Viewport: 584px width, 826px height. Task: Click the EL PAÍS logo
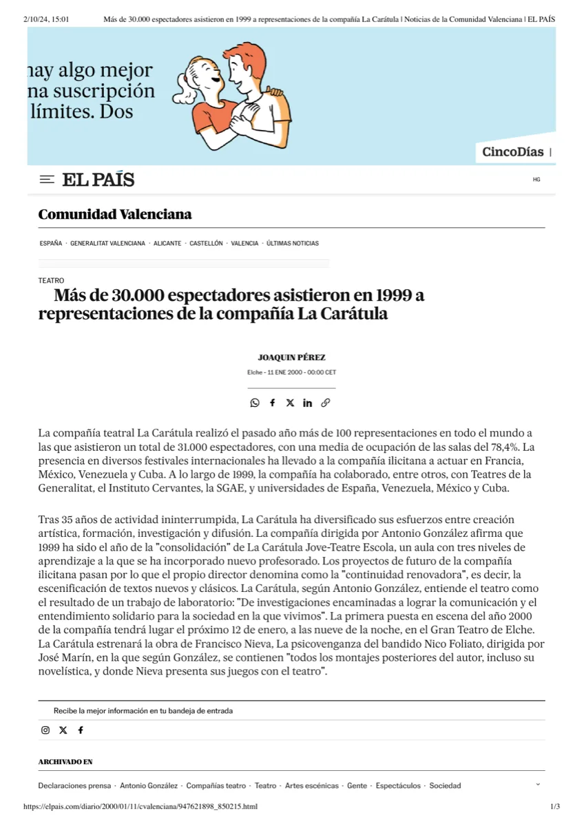pyautogui.click(x=98, y=180)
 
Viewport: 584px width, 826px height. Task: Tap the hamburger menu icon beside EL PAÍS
pyautogui.click(x=47, y=180)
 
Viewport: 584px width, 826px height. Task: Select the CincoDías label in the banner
pyautogui.click(x=512, y=152)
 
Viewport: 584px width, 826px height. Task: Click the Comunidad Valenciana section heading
pyautogui.click(x=115, y=214)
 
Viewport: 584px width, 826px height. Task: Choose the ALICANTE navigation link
pyautogui.click(x=167, y=244)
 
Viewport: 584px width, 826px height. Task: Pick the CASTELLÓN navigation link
pyautogui.click(x=206, y=244)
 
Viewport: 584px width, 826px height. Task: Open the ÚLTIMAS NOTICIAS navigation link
pyautogui.click(x=293, y=244)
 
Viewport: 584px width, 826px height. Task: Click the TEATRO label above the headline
pyautogui.click(x=51, y=281)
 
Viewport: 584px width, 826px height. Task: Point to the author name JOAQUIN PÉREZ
pyautogui.click(x=291, y=358)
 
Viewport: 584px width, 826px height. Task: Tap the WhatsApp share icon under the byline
pyautogui.click(x=255, y=403)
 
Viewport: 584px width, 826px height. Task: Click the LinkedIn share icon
pyautogui.click(x=307, y=403)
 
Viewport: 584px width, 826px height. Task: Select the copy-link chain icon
pyautogui.click(x=325, y=403)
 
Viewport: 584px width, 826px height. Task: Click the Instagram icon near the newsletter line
pyautogui.click(x=45, y=730)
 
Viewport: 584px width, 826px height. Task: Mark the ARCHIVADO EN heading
pyautogui.click(x=65, y=762)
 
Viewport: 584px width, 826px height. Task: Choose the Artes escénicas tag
pyautogui.click(x=312, y=785)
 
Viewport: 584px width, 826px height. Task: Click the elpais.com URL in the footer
pyautogui.click(x=140, y=807)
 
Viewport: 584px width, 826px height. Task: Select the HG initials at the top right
pyautogui.click(x=536, y=180)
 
